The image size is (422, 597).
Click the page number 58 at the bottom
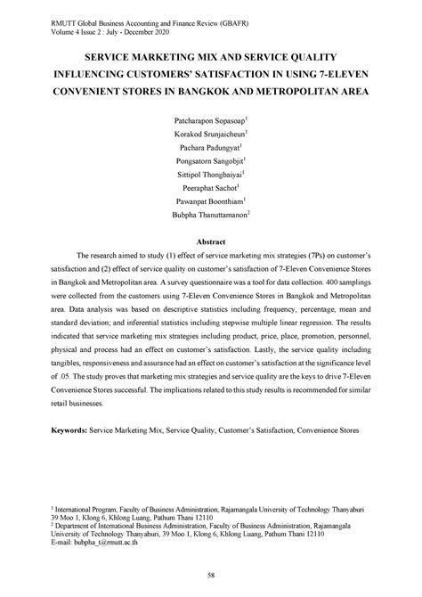211,576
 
